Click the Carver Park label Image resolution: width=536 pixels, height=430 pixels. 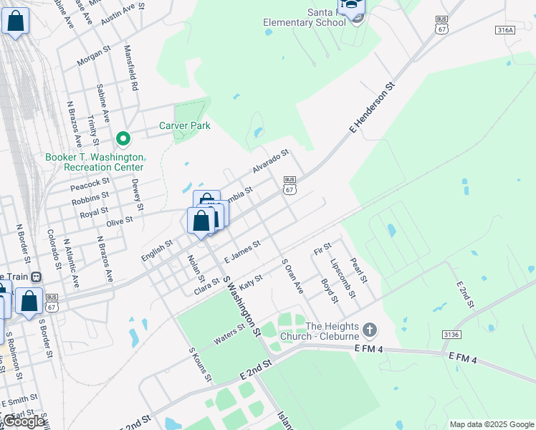click(x=184, y=125)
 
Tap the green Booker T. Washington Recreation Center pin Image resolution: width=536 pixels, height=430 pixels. click(x=123, y=138)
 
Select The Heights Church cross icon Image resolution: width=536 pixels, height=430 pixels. click(x=369, y=330)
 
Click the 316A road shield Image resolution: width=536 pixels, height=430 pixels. click(x=505, y=30)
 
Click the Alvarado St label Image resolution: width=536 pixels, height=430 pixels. click(x=269, y=162)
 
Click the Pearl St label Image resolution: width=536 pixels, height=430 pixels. click(x=358, y=269)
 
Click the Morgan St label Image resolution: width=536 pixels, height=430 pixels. click(x=91, y=58)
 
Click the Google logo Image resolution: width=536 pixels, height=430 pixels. click(x=24, y=421)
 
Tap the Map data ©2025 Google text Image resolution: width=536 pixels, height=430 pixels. click(x=491, y=424)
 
